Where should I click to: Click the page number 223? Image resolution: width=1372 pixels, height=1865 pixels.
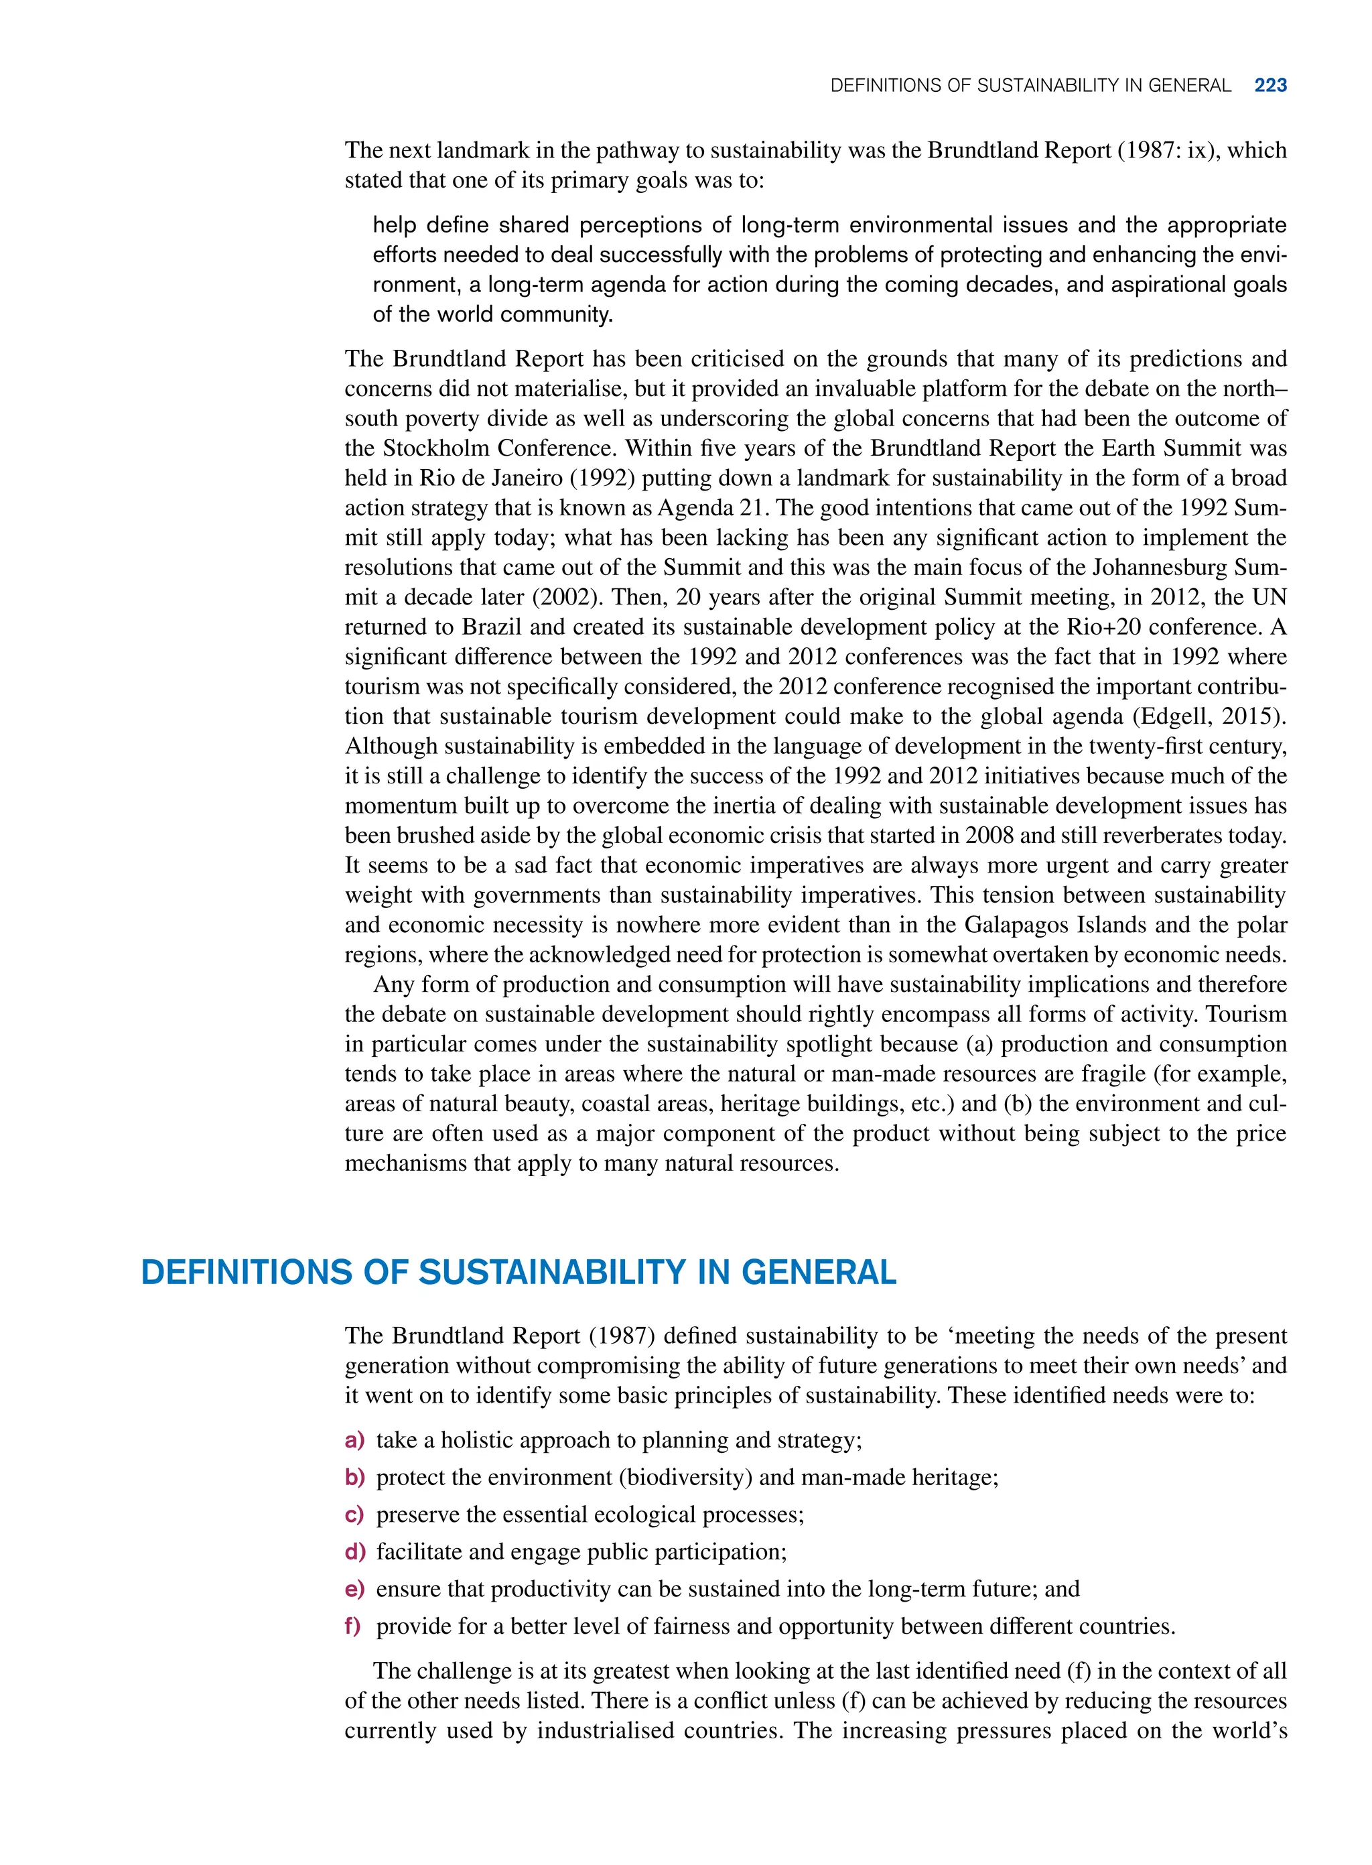point(1270,86)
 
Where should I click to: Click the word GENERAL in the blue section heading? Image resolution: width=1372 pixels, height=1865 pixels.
point(818,1273)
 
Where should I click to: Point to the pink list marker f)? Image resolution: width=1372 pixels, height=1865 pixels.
point(353,1626)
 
